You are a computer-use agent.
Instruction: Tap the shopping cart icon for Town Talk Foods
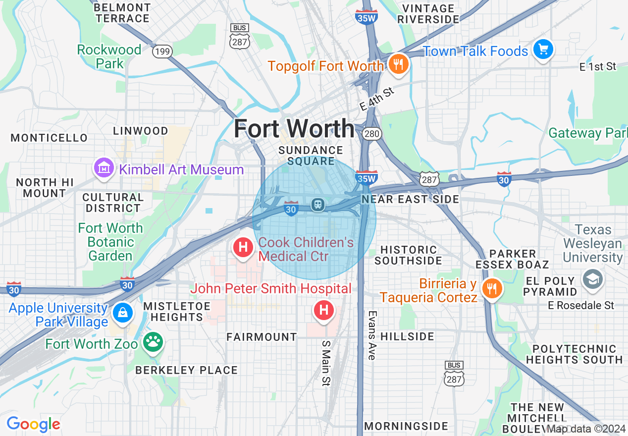(543, 50)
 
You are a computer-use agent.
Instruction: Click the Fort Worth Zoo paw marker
(153, 342)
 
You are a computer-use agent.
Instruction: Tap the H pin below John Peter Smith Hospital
(324, 310)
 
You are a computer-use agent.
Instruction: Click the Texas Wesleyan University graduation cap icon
(592, 279)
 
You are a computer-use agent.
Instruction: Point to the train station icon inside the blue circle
(317, 204)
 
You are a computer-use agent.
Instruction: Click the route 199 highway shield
(161, 51)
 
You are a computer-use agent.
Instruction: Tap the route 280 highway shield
(371, 134)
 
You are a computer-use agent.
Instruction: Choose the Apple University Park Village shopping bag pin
(122, 312)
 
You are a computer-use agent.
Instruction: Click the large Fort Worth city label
(294, 128)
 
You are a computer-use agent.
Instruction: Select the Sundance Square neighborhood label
(311, 156)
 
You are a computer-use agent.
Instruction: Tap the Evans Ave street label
(372, 335)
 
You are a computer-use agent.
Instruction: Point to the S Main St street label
(325, 363)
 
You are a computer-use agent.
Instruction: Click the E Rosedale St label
(581, 305)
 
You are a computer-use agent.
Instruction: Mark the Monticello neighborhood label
(49, 138)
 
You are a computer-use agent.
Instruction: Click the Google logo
(33, 424)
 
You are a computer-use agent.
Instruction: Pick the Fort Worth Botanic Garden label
(110, 242)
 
